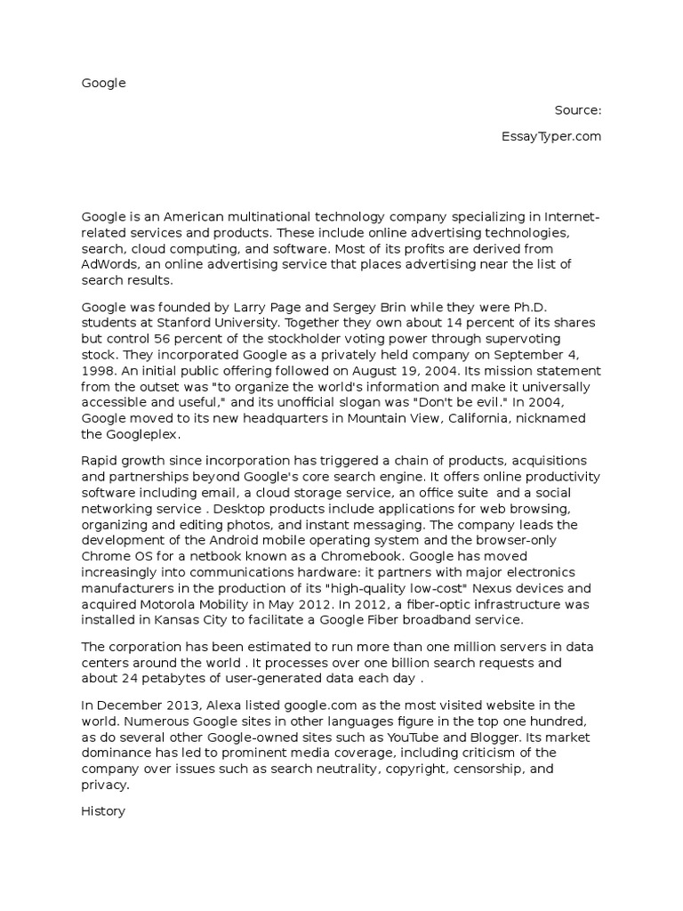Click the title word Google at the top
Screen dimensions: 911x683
[104, 84]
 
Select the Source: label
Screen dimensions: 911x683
[578, 110]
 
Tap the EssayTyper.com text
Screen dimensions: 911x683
[551, 137]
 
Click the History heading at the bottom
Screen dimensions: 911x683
[104, 811]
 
